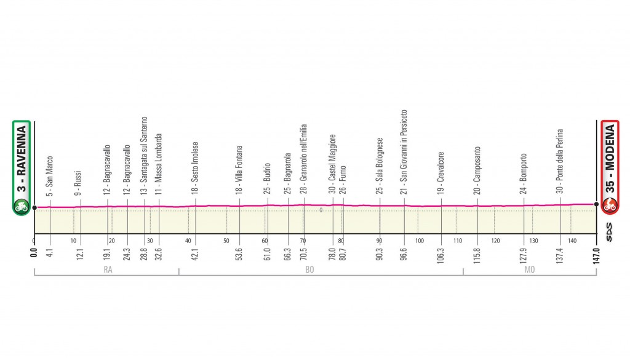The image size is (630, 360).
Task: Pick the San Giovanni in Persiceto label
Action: pos(404,151)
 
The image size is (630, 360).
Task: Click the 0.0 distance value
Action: pos(34,254)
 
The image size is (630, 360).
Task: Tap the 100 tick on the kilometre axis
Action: pos(419,241)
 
